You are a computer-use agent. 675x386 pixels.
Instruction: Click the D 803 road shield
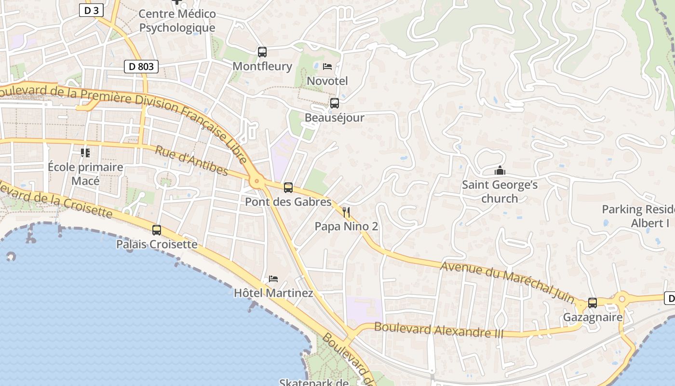pyautogui.click(x=141, y=67)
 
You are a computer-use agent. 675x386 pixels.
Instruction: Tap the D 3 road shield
pyautogui.click(x=91, y=10)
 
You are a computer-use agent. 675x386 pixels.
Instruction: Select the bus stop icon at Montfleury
pyautogui.click(x=262, y=52)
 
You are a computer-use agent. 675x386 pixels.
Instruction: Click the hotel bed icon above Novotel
pyautogui.click(x=327, y=67)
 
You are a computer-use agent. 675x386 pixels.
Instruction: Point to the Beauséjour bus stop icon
pyautogui.click(x=334, y=103)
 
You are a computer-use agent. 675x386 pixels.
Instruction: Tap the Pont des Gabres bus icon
pyautogui.click(x=288, y=188)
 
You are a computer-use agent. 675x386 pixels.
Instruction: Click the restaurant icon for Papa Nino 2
pyautogui.click(x=346, y=212)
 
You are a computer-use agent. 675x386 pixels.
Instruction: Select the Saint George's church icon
pyautogui.click(x=500, y=171)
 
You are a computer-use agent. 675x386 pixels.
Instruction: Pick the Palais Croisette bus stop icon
pyautogui.click(x=157, y=230)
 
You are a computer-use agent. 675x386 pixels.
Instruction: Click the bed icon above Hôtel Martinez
pyautogui.click(x=273, y=279)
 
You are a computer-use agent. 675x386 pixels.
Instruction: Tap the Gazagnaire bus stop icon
pyautogui.click(x=593, y=303)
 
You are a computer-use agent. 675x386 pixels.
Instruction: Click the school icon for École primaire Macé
pyautogui.click(x=85, y=153)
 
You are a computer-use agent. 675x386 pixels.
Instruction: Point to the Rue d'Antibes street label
pyautogui.click(x=191, y=161)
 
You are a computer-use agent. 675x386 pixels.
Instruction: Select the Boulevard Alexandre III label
pyautogui.click(x=438, y=330)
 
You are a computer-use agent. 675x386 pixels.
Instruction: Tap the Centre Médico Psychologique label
pyautogui.click(x=177, y=21)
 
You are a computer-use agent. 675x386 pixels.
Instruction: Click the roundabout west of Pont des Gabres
pyautogui.click(x=256, y=182)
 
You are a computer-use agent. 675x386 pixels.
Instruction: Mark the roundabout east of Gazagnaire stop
pyautogui.click(x=622, y=299)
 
